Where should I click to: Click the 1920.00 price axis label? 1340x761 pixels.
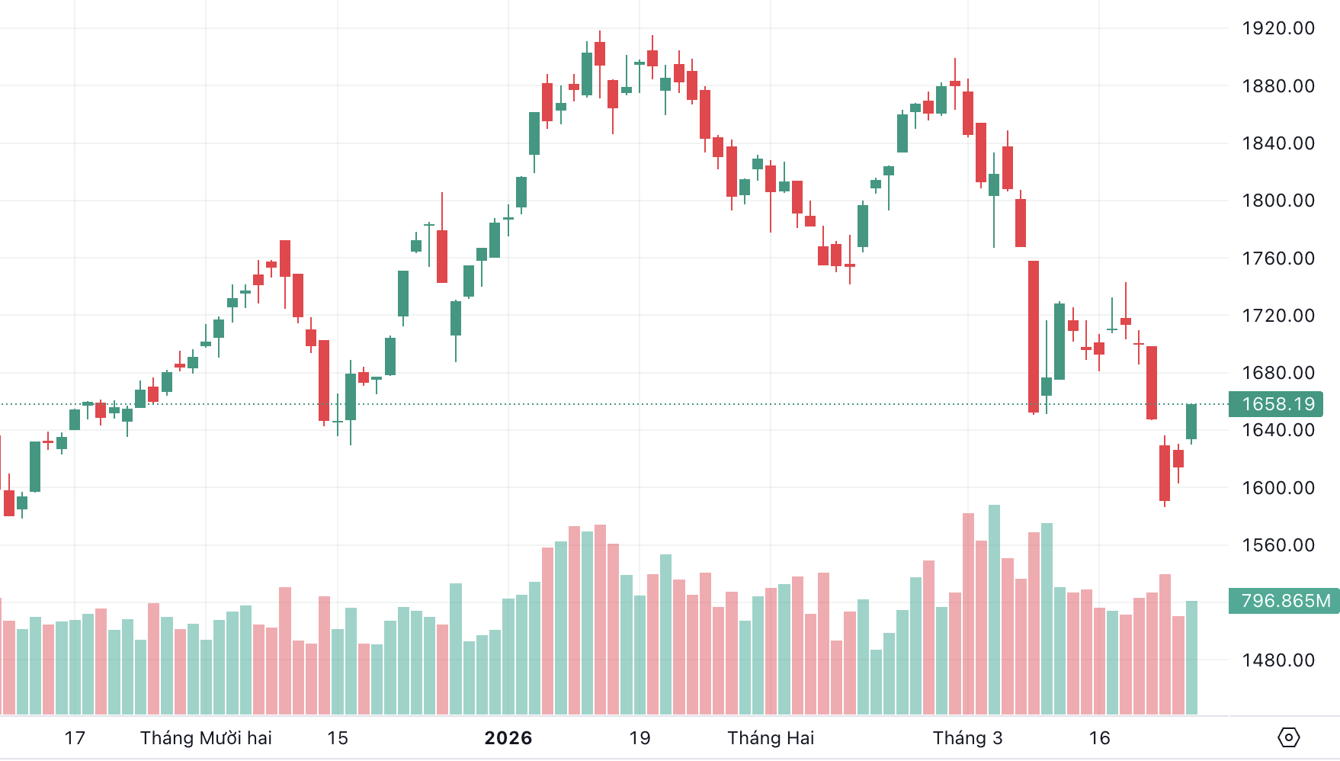pyautogui.click(x=1277, y=28)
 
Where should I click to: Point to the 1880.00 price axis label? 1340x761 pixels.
pyautogui.click(x=1277, y=86)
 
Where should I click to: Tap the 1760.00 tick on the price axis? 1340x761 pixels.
pyautogui.click(x=1277, y=258)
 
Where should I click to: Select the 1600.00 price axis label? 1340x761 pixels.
pyautogui.click(x=1277, y=488)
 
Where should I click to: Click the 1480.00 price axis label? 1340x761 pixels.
pyautogui.click(x=1277, y=660)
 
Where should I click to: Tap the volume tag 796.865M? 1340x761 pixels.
pyautogui.click(x=1285, y=601)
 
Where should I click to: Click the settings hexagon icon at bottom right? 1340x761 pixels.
pyautogui.click(x=1288, y=737)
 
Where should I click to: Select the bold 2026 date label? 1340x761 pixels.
pyautogui.click(x=508, y=738)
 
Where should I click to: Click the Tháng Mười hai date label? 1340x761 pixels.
pyautogui.click(x=206, y=738)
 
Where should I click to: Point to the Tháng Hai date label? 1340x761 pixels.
pyautogui.click(x=771, y=738)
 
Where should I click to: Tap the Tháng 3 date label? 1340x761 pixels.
pyautogui.click(x=967, y=738)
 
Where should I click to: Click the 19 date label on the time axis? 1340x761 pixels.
pyautogui.click(x=640, y=738)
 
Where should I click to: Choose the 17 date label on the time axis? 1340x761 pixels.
pyautogui.click(x=75, y=738)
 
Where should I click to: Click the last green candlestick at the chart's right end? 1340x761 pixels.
pyautogui.click(x=1191, y=422)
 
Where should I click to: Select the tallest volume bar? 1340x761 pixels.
pyautogui.click(x=994, y=610)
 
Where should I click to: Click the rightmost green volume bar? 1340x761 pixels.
pyautogui.click(x=1191, y=657)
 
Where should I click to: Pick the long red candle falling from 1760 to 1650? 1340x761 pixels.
pyautogui.click(x=1034, y=336)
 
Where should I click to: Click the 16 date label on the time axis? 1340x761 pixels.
pyautogui.click(x=1099, y=738)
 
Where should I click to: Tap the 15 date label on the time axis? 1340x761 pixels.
pyautogui.click(x=338, y=738)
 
